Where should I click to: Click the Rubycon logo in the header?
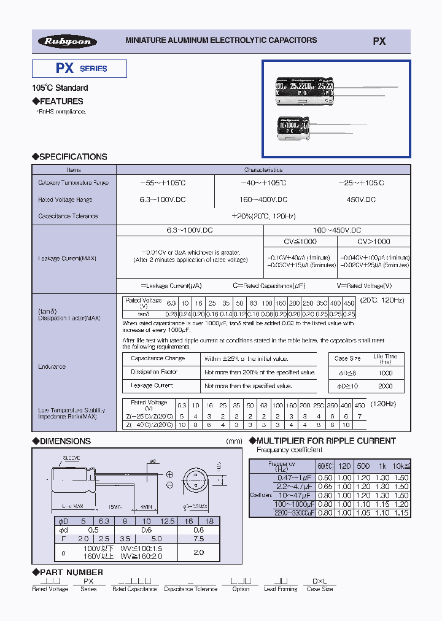click(68, 41)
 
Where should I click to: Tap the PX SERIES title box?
click(80, 69)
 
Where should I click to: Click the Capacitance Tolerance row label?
click(68, 216)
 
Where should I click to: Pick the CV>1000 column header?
click(373, 241)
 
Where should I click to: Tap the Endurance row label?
click(52, 366)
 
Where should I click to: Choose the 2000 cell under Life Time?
click(386, 386)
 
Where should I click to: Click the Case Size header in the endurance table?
click(347, 358)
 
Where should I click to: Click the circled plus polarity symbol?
click(169, 474)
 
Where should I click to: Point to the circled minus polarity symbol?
click(169, 485)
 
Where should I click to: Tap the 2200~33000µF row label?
click(295, 512)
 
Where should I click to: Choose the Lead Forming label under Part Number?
click(281, 588)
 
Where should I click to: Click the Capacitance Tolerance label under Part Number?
click(190, 588)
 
